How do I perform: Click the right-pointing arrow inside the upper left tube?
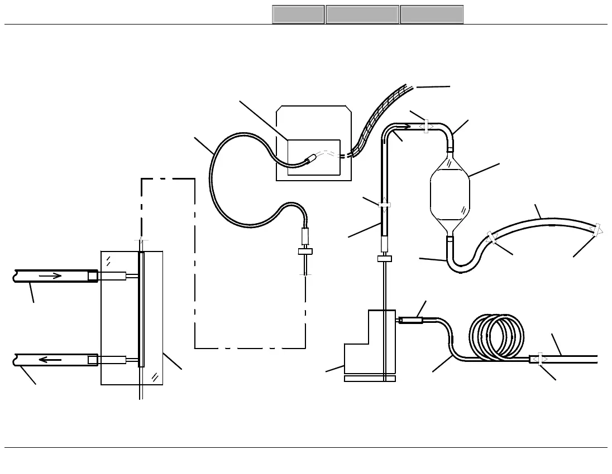click(50, 275)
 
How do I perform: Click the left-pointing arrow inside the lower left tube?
click(50, 360)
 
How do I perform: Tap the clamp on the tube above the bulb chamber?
click(425, 127)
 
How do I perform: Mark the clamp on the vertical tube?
click(384, 205)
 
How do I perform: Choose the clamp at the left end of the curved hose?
click(492, 237)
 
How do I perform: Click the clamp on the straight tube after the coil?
click(537, 359)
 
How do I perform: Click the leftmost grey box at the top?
click(298, 14)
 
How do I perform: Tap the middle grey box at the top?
click(362, 14)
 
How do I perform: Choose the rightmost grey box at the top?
click(432, 14)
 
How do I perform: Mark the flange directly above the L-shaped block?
click(385, 258)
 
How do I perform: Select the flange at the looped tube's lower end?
click(305, 251)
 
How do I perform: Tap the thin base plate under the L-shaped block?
click(370, 379)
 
